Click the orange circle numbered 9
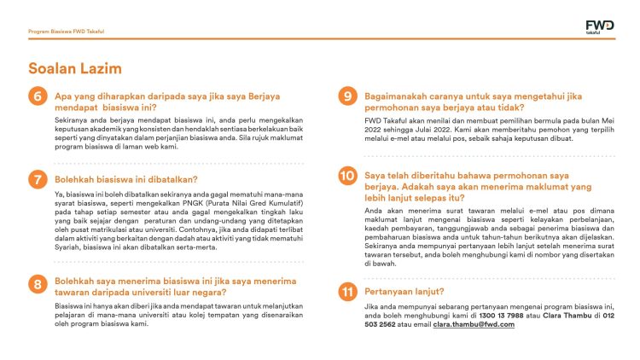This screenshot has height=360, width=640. [x=347, y=96]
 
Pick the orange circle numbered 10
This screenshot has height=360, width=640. [x=347, y=177]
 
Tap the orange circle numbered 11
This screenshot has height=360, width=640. [x=347, y=291]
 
